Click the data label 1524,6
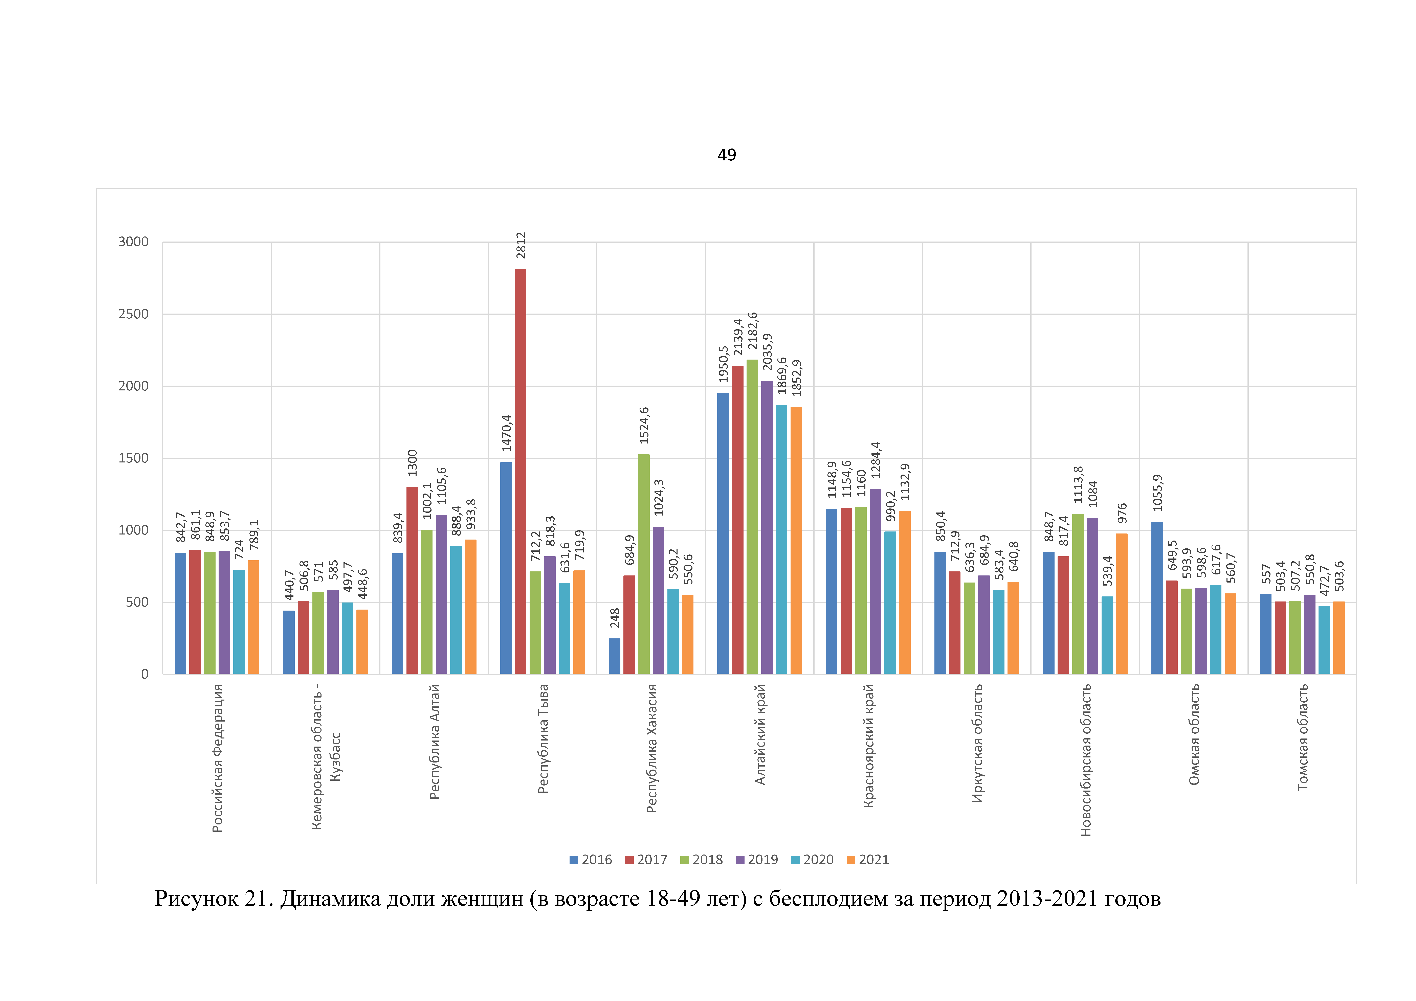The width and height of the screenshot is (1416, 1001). pos(644,426)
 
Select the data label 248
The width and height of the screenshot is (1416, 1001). pos(615,618)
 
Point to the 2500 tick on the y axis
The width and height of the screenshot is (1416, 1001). pos(133,314)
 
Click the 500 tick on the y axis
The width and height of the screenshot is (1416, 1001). pos(137,602)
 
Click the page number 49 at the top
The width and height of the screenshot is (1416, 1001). pos(727,155)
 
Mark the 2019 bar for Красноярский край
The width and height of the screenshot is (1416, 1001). pos(875,581)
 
